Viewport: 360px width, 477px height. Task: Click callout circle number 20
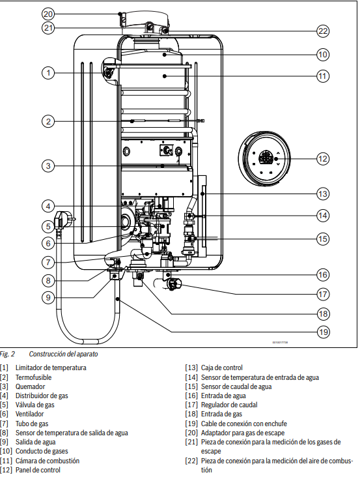pyautogui.click(x=48, y=14)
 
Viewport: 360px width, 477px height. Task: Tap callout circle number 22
pyautogui.click(x=323, y=31)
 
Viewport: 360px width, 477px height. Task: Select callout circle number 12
pyautogui.click(x=323, y=159)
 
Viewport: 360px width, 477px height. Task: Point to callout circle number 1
pyautogui.click(x=48, y=73)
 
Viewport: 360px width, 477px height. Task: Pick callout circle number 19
pyautogui.click(x=323, y=332)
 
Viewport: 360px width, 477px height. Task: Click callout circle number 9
pyautogui.click(x=48, y=297)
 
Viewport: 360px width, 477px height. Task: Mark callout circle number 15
pyautogui.click(x=323, y=238)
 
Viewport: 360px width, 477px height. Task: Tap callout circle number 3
pyautogui.click(x=48, y=166)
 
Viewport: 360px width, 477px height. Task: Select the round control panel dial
pyautogui.click(x=264, y=158)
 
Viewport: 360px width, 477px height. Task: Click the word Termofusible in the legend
pyautogui.click(x=33, y=377)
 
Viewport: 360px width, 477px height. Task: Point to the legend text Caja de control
pyautogui.click(x=222, y=368)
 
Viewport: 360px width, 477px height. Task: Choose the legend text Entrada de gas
pyautogui.click(x=221, y=414)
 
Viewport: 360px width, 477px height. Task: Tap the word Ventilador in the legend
pyautogui.click(x=29, y=414)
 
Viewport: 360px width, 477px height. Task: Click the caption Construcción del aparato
pyautogui.click(x=64, y=354)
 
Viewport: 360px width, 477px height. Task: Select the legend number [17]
pyautogui.click(x=191, y=405)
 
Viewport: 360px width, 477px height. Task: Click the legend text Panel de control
pyautogui.click(x=38, y=470)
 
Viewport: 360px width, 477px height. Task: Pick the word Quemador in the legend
pyautogui.click(x=30, y=386)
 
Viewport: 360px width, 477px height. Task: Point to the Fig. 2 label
pyautogui.click(x=7, y=354)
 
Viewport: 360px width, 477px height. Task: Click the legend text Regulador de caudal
pyautogui.click(x=229, y=405)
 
